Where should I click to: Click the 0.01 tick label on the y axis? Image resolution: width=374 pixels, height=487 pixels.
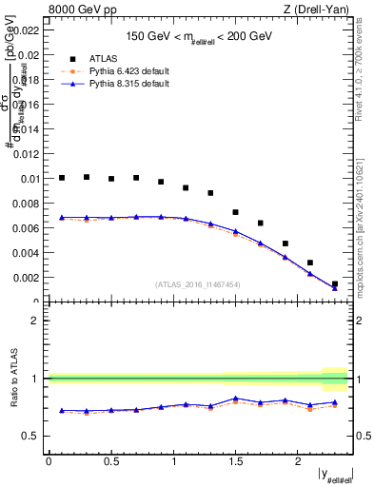click(32, 179)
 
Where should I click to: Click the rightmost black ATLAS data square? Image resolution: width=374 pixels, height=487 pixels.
click(335, 283)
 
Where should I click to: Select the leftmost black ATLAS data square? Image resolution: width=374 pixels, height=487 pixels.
click(62, 178)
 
